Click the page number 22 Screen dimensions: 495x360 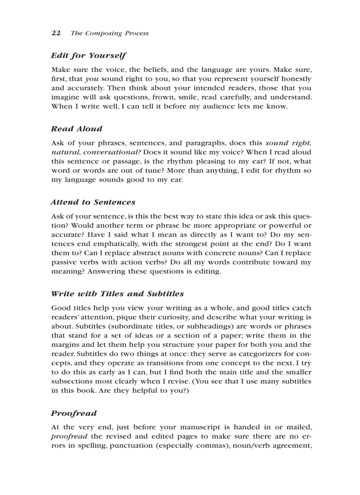pyautogui.click(x=56, y=33)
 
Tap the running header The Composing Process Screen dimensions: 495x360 pyautogui.click(x=109, y=33)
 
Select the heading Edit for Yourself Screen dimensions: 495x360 pyautogui.click(x=88, y=56)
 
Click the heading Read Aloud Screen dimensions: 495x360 pyautogui.click(x=76, y=129)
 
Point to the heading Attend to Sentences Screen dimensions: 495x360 pyautogui.click(x=93, y=202)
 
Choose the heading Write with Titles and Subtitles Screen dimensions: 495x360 pyautogui.click(x=117, y=294)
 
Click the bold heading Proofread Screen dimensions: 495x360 pyautogui.click(x=73, y=413)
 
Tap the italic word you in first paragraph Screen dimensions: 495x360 pyautogui.click(x=91, y=79)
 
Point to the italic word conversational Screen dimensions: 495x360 pyautogui.click(x=109, y=152)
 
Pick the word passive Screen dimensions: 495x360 pyautogui.click(x=64, y=262)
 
